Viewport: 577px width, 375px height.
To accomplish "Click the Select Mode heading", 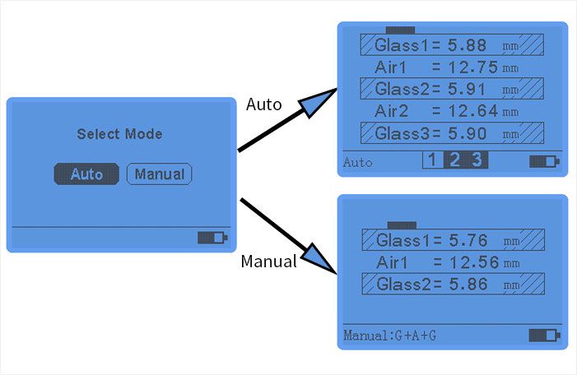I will click(119, 134).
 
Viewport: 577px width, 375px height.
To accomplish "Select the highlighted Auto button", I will click(86, 174).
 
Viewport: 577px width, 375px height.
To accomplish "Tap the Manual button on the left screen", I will click(159, 174).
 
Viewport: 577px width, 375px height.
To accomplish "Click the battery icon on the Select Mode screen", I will click(211, 238).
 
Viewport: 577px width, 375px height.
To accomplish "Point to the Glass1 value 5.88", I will click(465, 45).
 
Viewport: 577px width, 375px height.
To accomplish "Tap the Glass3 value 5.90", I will click(465, 133).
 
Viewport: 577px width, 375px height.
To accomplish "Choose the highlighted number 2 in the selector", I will click(454, 160).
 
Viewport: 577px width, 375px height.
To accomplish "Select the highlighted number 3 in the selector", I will click(477, 160).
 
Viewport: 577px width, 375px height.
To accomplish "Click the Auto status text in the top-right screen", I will click(357, 162).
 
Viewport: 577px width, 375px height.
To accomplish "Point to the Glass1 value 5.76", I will click(467, 241).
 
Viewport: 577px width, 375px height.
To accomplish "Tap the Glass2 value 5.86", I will click(467, 285).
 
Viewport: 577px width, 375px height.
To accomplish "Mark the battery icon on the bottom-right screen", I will click(542, 335).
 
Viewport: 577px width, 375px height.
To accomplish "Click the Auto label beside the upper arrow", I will click(264, 105).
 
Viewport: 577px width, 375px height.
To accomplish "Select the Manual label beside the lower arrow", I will click(268, 262).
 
